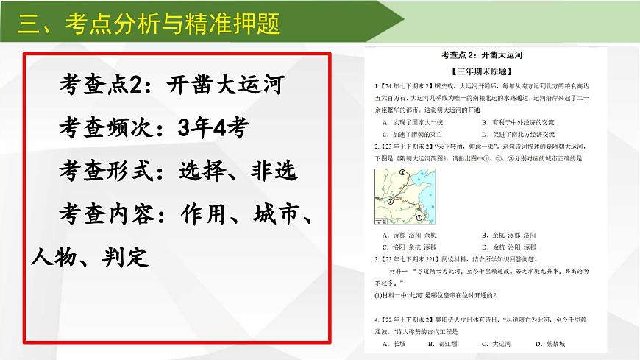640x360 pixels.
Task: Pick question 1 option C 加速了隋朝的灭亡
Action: [413, 135]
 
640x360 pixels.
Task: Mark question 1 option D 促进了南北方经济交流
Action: [518, 135]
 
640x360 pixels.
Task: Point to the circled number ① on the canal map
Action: [419, 218]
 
